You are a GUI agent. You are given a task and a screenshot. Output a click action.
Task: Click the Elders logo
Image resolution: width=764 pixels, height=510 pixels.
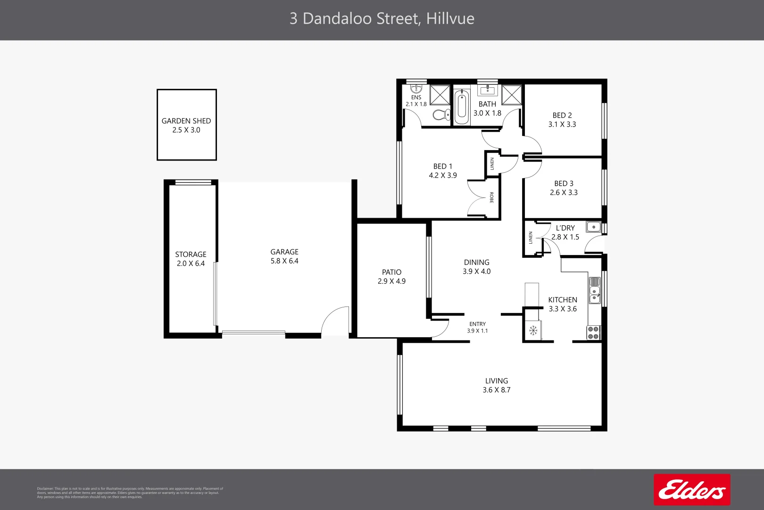tap(692, 490)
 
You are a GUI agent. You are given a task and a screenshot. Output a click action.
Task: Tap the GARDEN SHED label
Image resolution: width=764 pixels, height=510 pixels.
tap(186, 121)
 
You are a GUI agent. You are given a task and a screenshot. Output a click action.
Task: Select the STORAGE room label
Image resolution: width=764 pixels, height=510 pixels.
tap(191, 255)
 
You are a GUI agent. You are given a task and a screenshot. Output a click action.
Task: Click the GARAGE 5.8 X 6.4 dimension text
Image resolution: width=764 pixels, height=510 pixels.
tap(284, 261)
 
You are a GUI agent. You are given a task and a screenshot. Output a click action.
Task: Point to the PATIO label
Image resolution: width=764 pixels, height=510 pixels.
tap(391, 272)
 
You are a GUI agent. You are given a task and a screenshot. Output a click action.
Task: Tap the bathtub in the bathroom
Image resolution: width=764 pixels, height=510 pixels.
tap(462, 107)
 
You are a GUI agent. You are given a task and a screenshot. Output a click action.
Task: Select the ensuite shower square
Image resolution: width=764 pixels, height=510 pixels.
tap(440, 95)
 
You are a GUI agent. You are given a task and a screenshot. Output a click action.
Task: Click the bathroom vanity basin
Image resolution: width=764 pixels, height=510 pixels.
tap(488, 90)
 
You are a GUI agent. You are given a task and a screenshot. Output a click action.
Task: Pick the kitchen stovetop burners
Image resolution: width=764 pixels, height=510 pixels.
tap(594, 333)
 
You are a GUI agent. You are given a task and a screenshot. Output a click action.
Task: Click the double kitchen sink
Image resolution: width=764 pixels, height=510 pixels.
tap(595, 290)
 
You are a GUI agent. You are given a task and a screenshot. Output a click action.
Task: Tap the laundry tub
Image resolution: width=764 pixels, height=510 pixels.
tap(593, 227)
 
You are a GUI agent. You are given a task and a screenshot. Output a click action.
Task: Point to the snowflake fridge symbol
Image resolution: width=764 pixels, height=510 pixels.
tap(533, 331)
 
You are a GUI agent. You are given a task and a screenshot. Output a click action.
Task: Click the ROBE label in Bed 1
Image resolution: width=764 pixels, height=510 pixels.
tap(492, 197)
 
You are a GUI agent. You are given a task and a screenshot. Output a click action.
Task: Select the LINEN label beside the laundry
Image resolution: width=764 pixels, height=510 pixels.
tap(531, 238)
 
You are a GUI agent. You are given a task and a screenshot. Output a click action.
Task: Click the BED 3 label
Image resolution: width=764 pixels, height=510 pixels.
tap(564, 184)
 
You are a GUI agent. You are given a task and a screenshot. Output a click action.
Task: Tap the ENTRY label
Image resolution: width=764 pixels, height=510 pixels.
tap(477, 324)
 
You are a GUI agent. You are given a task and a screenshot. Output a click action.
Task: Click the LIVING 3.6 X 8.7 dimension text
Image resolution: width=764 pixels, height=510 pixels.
tap(497, 390)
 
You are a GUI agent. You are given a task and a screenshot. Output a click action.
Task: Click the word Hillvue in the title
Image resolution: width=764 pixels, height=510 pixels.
tap(450, 19)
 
